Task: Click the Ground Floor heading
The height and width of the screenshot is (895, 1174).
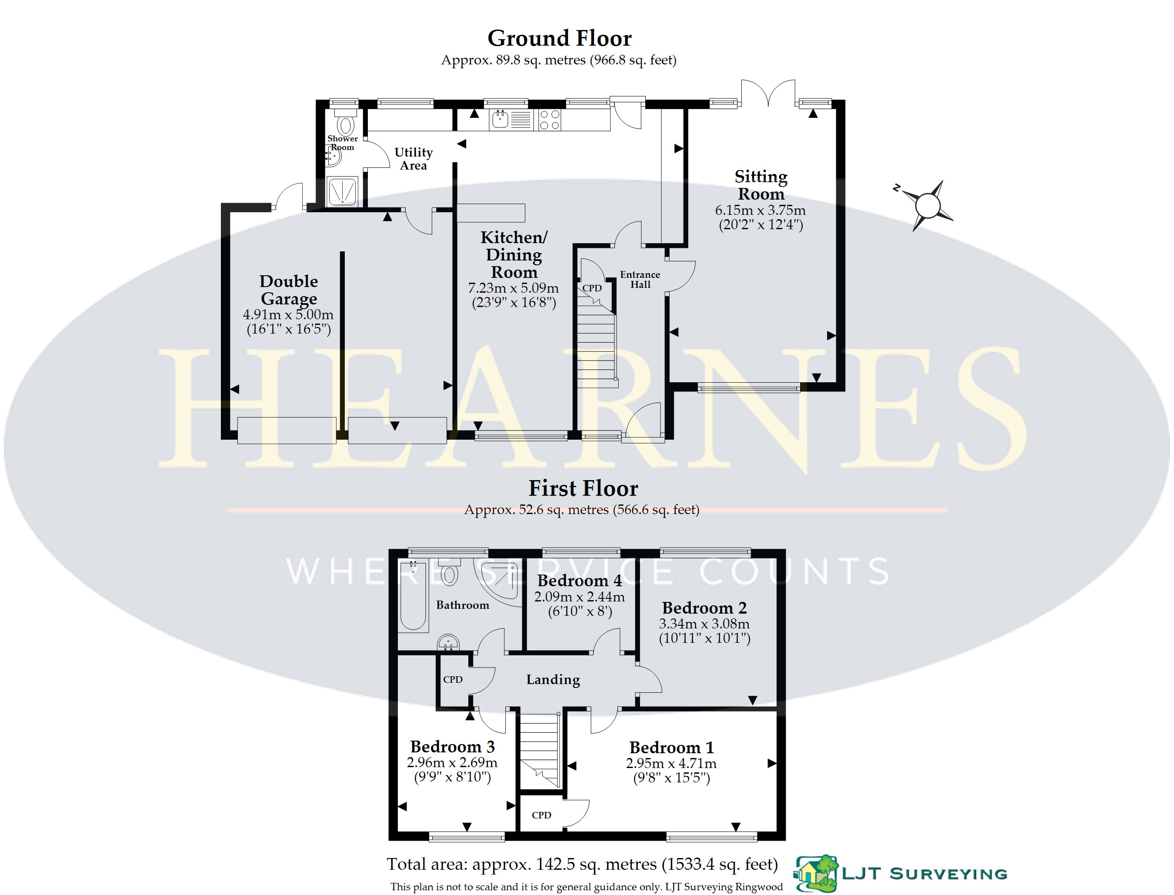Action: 559,38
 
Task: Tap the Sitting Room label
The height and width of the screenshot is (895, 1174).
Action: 760,185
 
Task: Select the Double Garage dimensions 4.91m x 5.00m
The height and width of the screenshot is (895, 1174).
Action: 288,314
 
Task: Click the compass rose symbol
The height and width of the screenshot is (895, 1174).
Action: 927,205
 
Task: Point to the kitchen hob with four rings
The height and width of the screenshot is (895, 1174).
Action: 549,120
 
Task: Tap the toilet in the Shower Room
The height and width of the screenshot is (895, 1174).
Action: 345,123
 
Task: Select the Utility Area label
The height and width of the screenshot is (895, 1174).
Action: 414,159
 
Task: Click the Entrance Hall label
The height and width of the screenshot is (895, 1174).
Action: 640,280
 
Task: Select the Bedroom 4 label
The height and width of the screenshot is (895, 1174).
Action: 580,580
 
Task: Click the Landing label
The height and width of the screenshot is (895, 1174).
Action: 553,680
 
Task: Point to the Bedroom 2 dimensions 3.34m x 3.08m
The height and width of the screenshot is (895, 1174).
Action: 704,624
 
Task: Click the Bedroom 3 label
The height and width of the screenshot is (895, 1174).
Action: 452,746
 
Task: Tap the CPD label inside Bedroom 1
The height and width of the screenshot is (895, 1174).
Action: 541,815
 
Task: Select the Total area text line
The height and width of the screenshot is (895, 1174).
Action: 582,864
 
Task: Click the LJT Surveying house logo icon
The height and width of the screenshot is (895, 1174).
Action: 816,874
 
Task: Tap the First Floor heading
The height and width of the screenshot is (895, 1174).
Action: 583,488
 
